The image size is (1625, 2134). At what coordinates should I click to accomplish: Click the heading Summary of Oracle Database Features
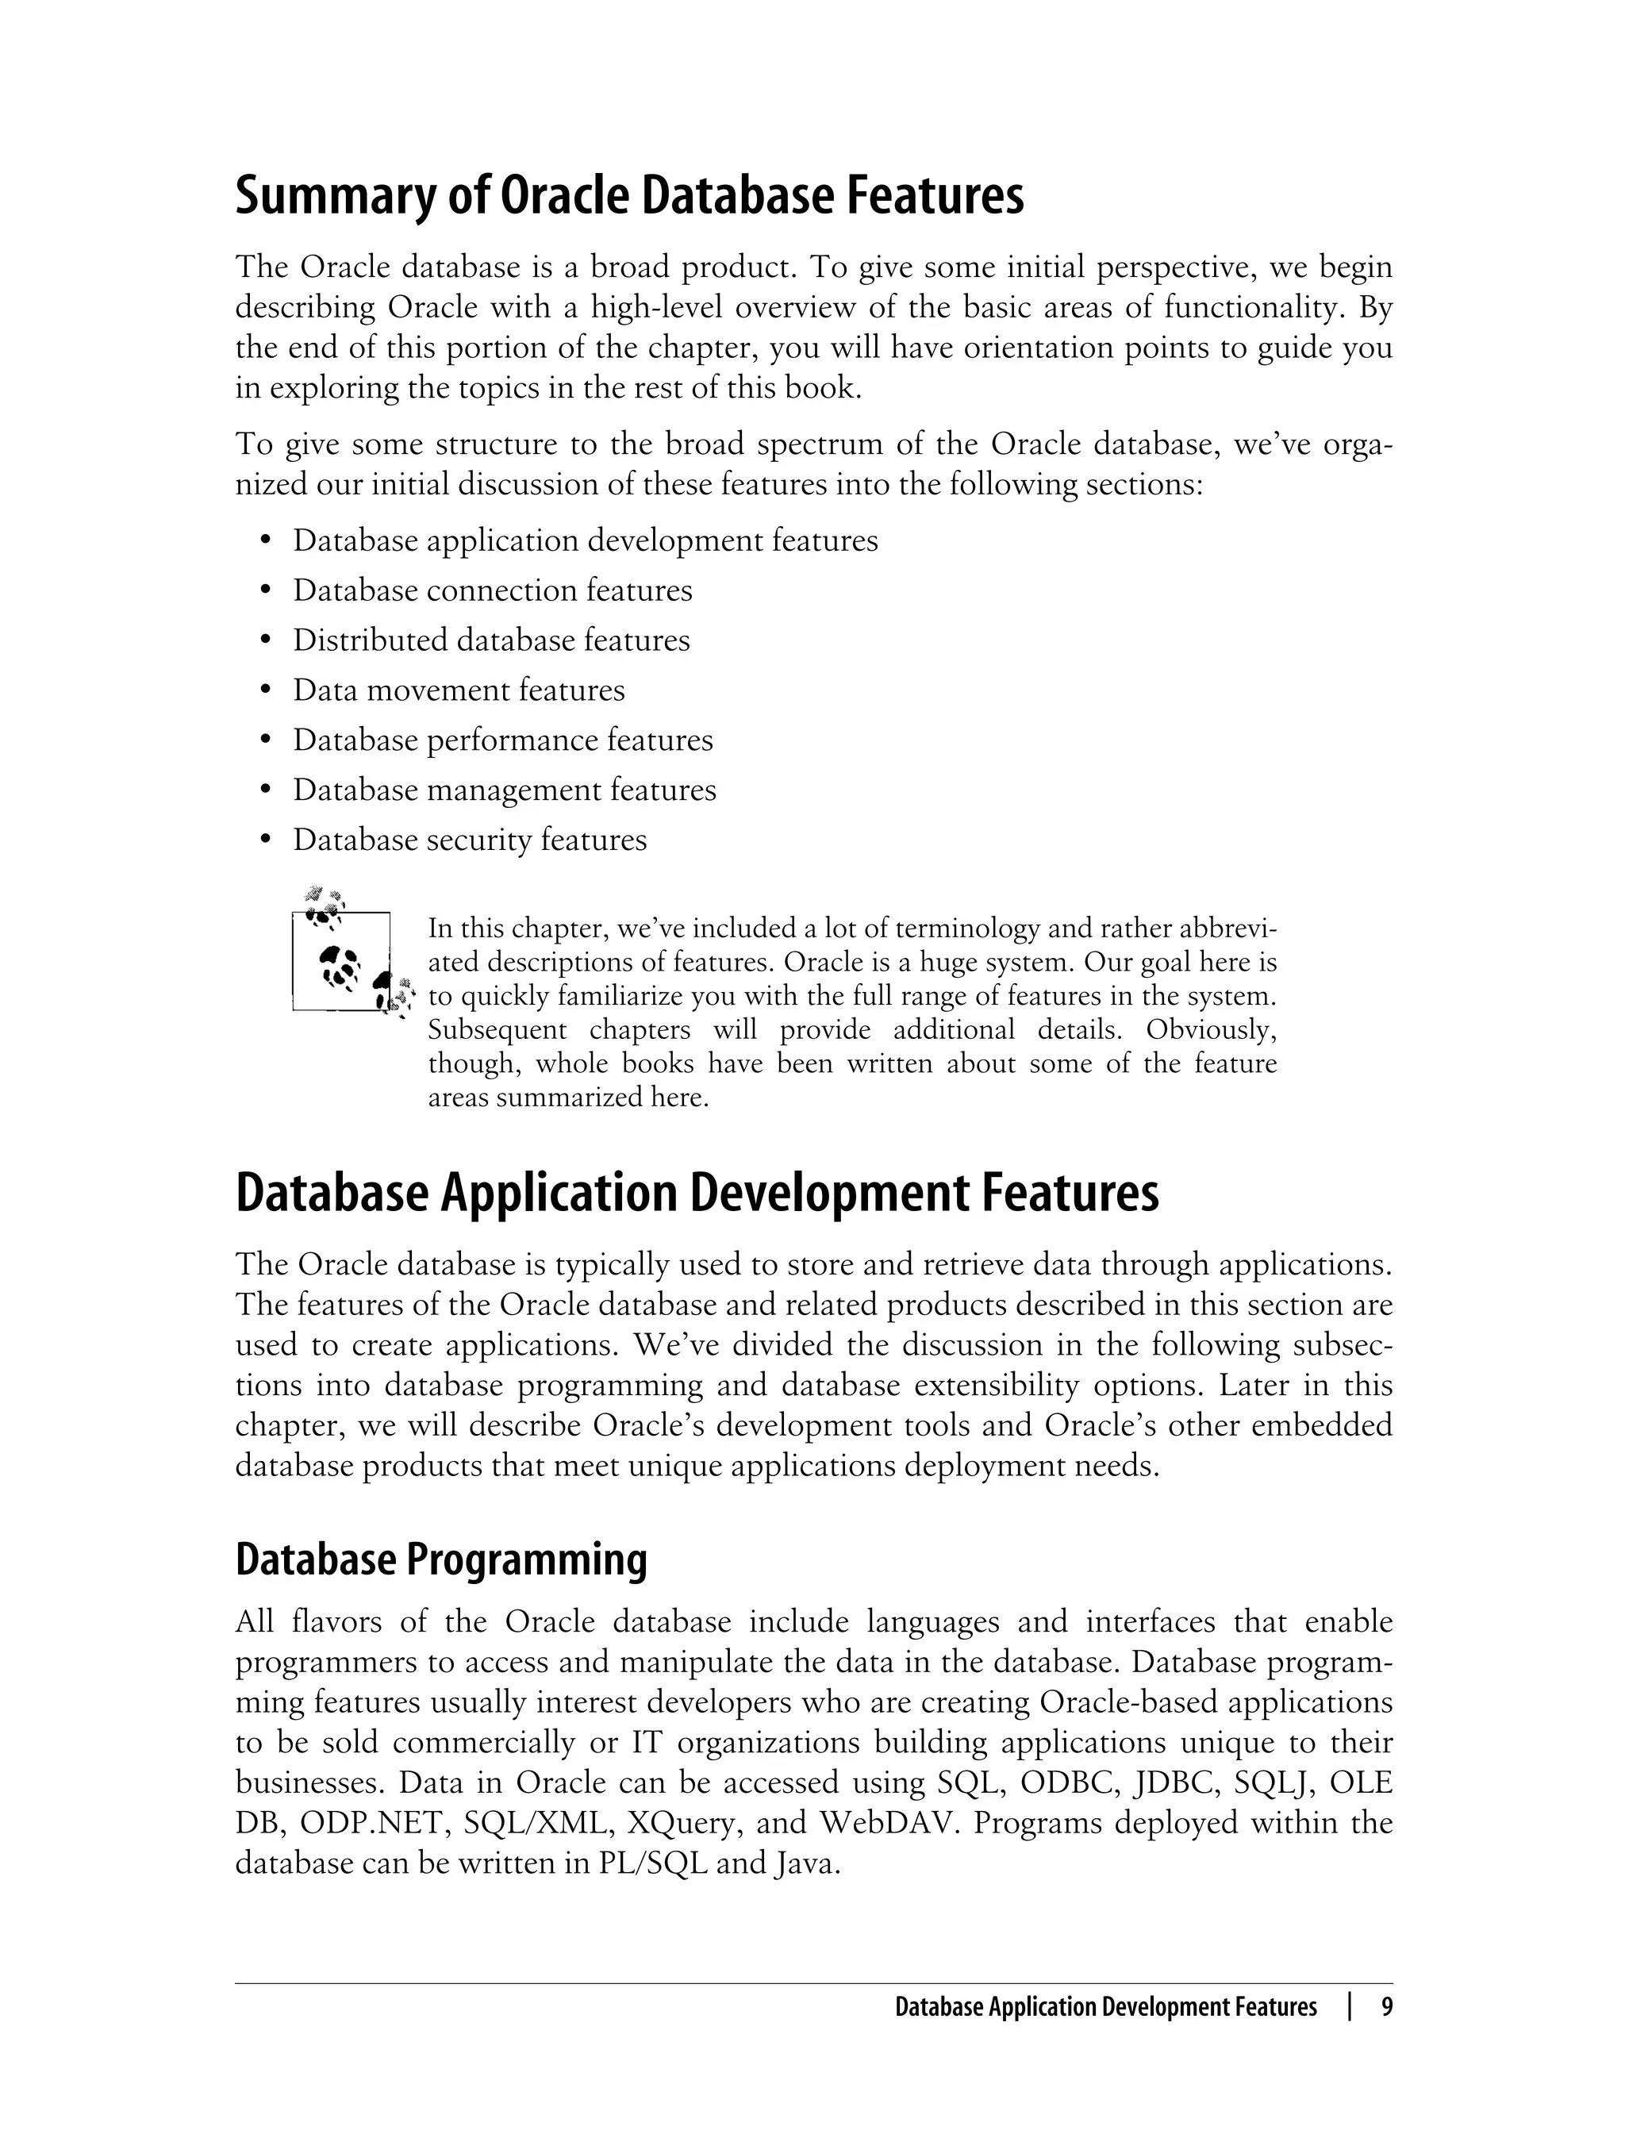pos(628,196)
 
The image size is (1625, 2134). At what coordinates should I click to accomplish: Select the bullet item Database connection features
pos(492,590)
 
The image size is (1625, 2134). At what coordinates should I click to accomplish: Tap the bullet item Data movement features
pos(459,690)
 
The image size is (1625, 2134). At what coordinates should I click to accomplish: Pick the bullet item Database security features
pos(470,839)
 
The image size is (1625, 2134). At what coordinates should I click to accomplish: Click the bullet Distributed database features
pos(491,640)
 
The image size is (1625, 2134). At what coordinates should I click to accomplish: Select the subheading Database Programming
pos(441,1559)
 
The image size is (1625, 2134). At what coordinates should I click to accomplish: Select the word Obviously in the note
pos(1211,1029)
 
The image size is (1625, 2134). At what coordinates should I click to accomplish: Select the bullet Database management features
pos(505,790)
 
